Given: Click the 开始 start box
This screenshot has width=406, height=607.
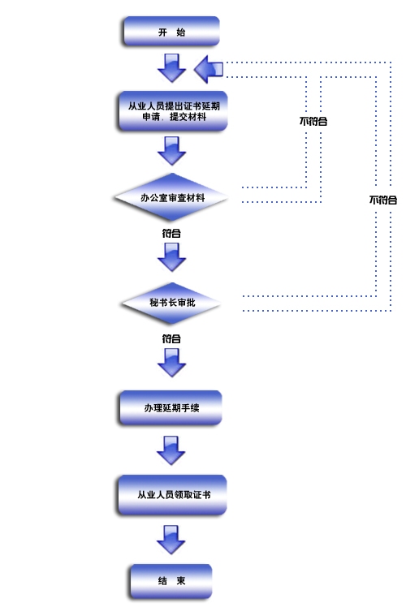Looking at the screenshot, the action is (x=171, y=31).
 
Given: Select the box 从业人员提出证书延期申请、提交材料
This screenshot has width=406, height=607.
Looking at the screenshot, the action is (x=173, y=111).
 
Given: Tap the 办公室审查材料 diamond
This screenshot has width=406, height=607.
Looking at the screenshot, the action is (x=171, y=197).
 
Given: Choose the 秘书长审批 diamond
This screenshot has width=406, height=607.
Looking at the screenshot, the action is (x=171, y=303).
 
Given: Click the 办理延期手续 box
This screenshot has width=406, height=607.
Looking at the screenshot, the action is (x=171, y=407).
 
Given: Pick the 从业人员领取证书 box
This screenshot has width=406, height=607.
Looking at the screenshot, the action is (x=172, y=495).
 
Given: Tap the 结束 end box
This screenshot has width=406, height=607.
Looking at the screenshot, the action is (x=171, y=581).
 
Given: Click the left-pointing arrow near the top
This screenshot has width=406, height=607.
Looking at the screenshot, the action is (x=209, y=70).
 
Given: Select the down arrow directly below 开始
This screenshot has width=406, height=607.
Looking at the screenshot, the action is (x=171, y=68).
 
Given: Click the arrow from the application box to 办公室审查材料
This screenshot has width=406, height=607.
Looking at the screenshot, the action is (x=171, y=151).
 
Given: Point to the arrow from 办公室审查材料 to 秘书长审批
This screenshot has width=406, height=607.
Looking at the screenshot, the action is (x=171, y=257).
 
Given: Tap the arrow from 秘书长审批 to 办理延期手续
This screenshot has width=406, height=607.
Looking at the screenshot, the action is (x=171, y=363).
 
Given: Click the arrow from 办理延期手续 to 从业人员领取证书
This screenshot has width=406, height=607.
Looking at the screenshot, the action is (x=171, y=450).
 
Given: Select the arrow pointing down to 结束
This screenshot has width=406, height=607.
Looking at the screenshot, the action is (x=171, y=540).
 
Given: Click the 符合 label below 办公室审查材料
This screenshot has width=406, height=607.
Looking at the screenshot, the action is (x=171, y=233).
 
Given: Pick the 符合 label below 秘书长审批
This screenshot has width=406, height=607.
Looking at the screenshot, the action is (x=171, y=338).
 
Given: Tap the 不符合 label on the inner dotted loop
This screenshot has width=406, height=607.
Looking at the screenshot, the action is (x=313, y=121).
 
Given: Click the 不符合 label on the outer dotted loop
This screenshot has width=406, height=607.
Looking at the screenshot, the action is (x=383, y=200).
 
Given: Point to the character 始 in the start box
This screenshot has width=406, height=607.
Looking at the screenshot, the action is (x=181, y=32).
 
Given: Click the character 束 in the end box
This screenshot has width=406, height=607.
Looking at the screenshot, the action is (x=181, y=581).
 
